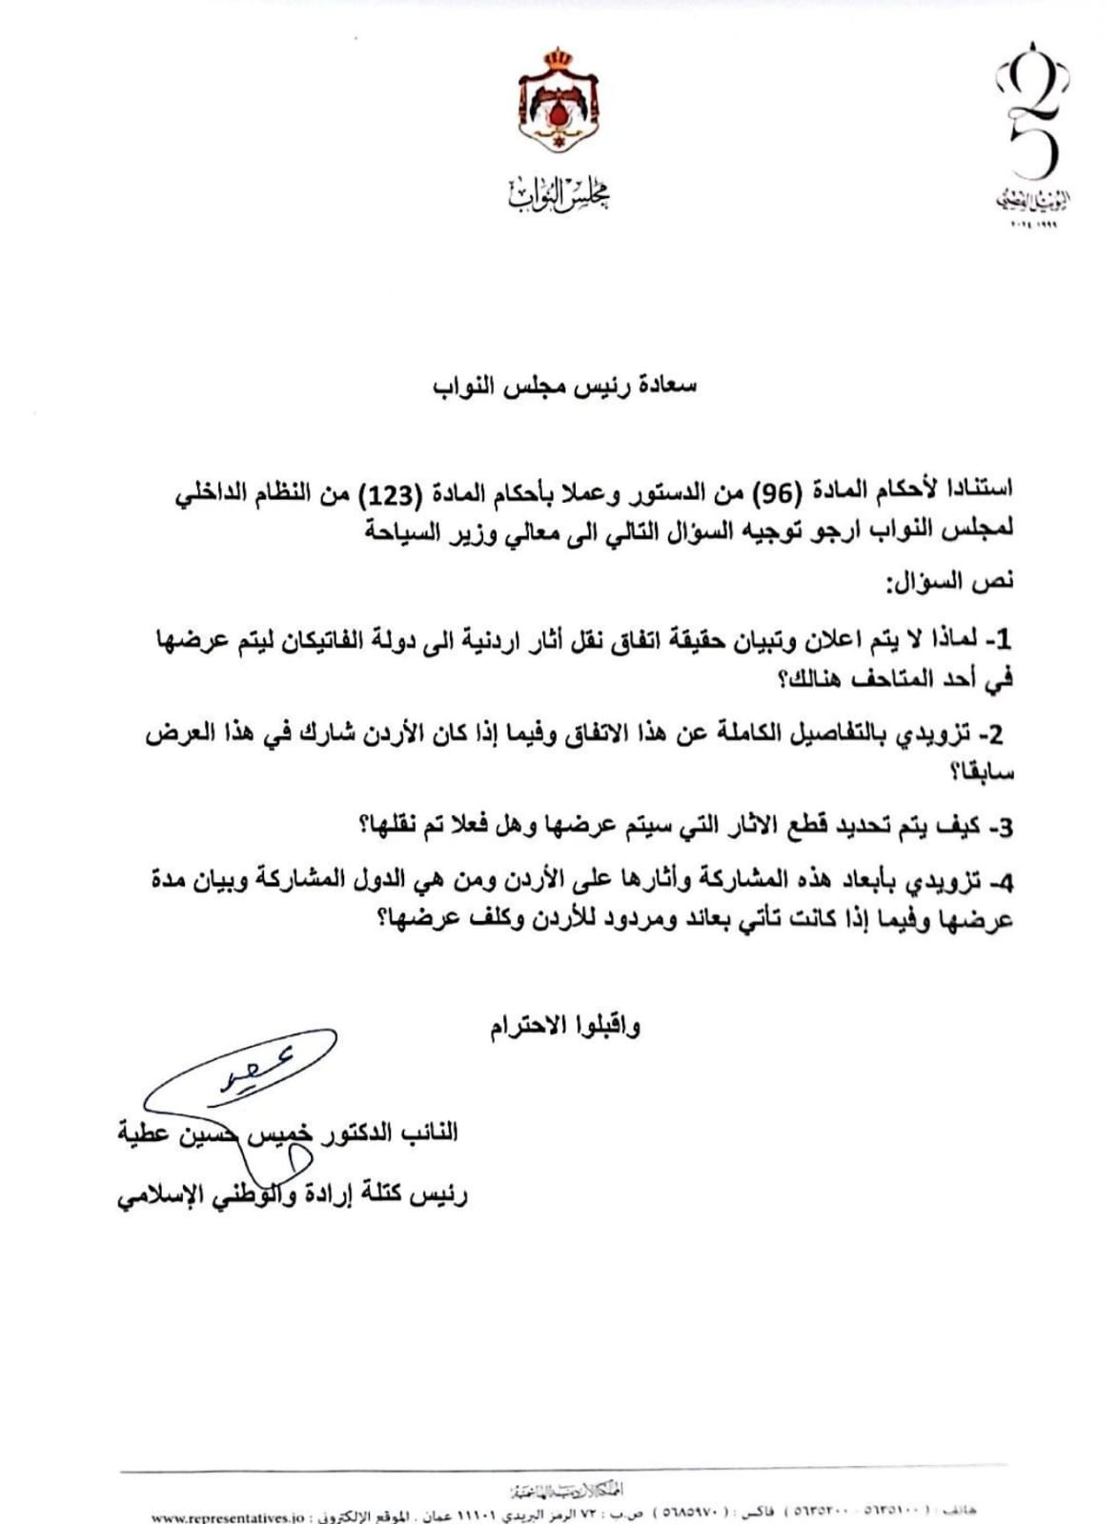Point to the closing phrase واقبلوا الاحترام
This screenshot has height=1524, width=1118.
565,1027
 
